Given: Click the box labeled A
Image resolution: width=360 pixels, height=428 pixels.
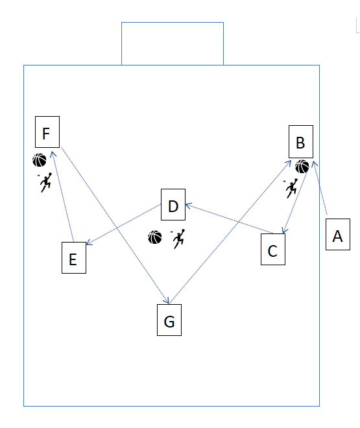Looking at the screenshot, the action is (x=337, y=234).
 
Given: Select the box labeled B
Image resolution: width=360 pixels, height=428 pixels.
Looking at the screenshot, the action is (x=301, y=141).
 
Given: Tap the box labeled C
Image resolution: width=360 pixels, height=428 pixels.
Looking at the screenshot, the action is (x=273, y=249).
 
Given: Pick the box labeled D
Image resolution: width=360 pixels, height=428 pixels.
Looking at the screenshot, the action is (x=173, y=204).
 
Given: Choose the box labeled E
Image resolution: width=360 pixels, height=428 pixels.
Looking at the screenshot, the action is (x=74, y=257).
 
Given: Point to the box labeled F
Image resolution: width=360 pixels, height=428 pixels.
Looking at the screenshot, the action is (x=47, y=132).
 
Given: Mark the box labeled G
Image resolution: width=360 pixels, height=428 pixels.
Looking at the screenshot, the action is (x=169, y=320).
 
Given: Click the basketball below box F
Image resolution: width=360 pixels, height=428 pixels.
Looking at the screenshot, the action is (x=40, y=160).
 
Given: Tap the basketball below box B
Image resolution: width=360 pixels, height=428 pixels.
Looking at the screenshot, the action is (x=302, y=167).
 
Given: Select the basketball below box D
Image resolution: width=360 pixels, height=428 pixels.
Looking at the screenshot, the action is (x=155, y=237).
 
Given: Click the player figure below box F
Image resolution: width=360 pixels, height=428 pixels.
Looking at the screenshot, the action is (x=45, y=182).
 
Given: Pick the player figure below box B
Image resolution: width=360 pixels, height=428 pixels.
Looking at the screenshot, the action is (x=291, y=188).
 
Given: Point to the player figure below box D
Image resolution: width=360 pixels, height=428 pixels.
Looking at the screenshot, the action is (x=178, y=239).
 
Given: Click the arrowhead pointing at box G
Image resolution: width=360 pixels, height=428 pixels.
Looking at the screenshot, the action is (x=167, y=300).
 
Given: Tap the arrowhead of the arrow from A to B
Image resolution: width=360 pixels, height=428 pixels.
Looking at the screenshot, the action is (x=315, y=164).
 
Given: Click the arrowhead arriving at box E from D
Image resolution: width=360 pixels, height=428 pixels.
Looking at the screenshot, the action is (x=89, y=243).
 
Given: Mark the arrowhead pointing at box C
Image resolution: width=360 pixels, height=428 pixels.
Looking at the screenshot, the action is (x=284, y=231).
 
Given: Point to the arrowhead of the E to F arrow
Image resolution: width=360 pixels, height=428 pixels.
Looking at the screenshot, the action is (x=53, y=154).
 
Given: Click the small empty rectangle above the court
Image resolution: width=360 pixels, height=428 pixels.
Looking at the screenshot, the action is (x=173, y=43).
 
